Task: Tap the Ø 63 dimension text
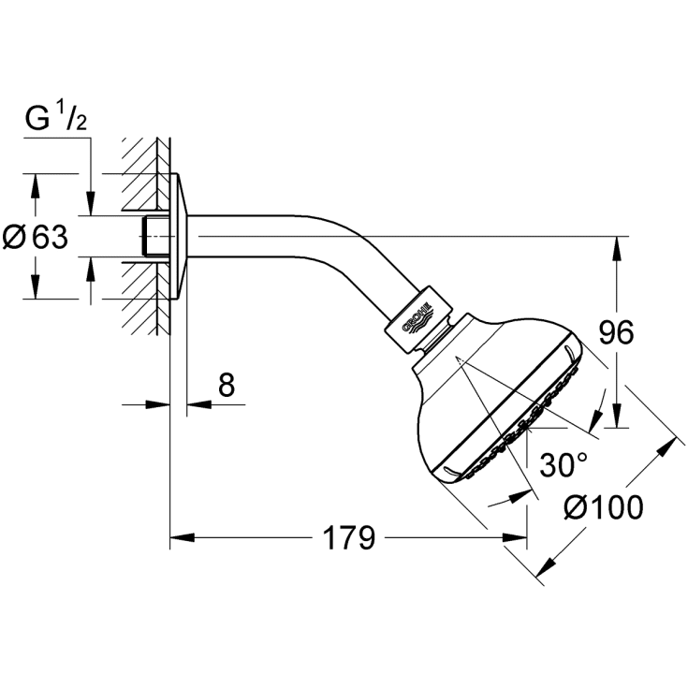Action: (36, 237)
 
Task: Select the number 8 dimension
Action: (227, 385)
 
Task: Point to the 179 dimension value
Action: (349, 537)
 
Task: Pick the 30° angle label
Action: (564, 464)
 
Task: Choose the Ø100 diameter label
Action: (604, 507)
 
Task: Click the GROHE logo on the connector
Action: (417, 319)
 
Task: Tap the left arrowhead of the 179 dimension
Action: (183, 537)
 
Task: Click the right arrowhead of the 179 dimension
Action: (515, 537)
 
